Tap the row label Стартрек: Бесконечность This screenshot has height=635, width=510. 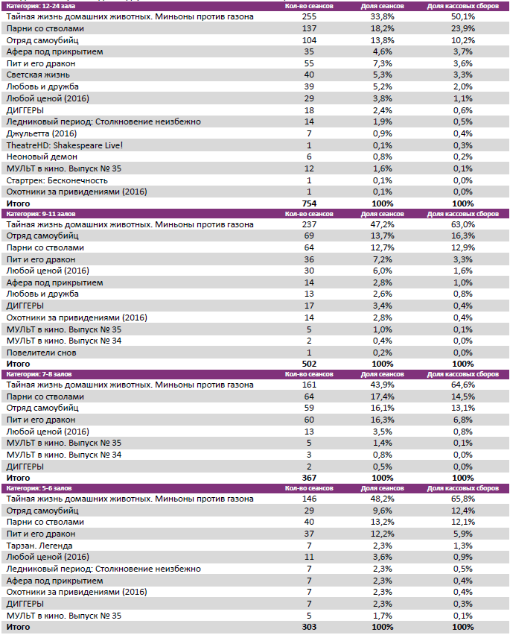(x=57, y=180)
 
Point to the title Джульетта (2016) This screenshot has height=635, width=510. (x=41, y=133)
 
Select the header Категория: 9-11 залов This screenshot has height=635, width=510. (x=38, y=214)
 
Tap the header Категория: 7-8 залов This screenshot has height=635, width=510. (x=36, y=374)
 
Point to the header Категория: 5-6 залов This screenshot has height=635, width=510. (x=36, y=488)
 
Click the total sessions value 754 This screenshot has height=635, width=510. (x=309, y=203)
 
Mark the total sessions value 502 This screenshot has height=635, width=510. (x=309, y=364)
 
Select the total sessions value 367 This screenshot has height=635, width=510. (x=309, y=478)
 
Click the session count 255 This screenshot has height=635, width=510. (x=309, y=16)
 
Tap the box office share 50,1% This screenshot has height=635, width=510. (x=462, y=16)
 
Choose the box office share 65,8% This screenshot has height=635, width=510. (x=462, y=499)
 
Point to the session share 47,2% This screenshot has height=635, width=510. (x=382, y=224)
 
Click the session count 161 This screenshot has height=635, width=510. (x=309, y=385)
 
